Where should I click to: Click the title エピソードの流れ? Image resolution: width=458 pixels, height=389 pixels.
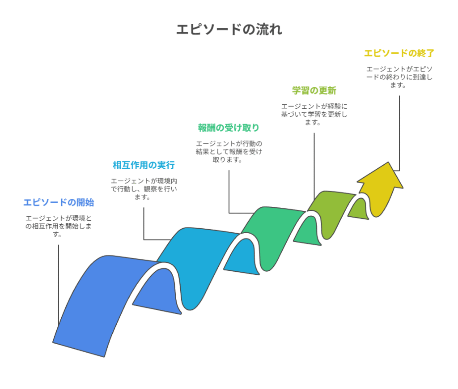229,29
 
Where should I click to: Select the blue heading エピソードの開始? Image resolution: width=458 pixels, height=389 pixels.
59,202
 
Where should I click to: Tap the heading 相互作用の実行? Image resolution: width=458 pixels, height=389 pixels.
144,165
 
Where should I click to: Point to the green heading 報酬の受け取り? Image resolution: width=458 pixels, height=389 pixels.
229,128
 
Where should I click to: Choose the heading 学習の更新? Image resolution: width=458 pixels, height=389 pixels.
314,90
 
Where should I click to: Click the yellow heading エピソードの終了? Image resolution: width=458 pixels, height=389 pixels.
399,53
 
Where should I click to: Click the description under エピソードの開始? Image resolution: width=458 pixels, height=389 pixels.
59,226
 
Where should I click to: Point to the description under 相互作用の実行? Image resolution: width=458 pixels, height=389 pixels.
144,189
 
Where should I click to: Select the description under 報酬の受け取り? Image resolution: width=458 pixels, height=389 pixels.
229,152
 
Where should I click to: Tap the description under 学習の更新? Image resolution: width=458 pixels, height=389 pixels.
314,114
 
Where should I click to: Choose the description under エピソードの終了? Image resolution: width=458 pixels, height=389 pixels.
399,77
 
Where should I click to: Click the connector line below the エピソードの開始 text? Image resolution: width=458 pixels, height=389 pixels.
59,285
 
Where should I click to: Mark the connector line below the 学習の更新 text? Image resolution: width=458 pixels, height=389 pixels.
314,167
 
